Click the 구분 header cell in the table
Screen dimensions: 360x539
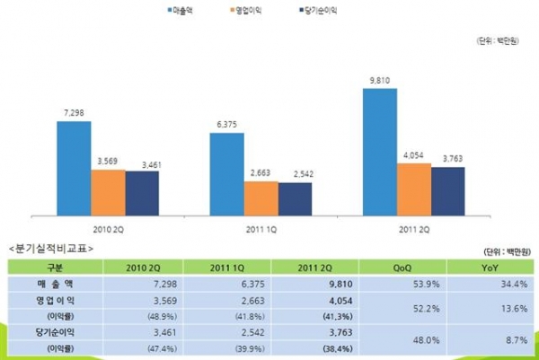click(x=52, y=267)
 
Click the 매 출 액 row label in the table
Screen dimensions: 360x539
click(x=52, y=283)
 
